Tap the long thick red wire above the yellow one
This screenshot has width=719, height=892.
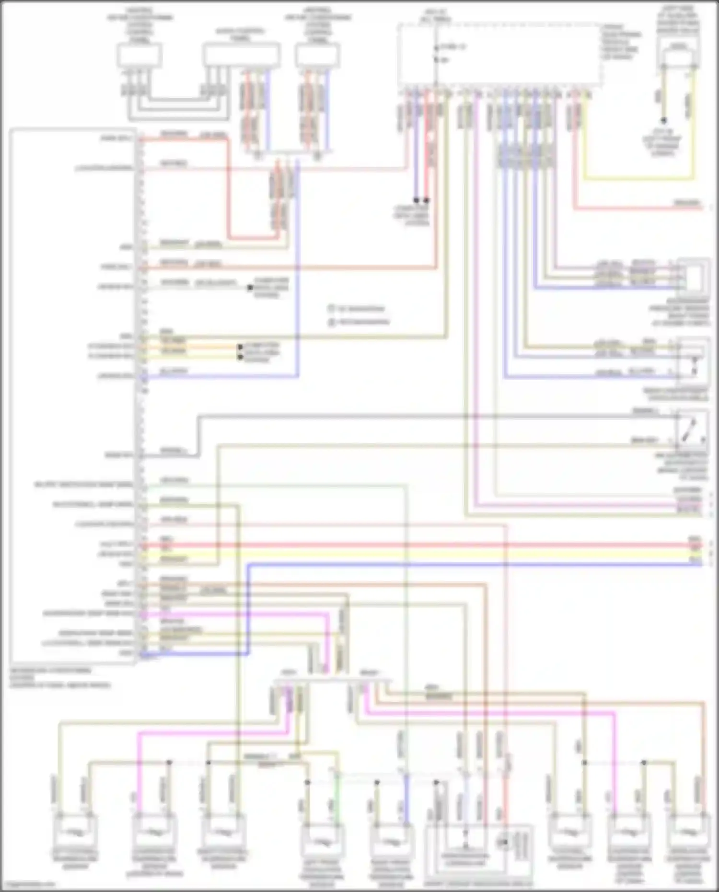[431, 545]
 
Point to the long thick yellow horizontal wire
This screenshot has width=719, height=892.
[431, 554]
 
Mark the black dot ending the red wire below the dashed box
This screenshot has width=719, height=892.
[426, 200]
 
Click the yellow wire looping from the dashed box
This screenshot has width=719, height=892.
[638, 180]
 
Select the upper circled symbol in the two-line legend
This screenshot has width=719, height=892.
[332, 309]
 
